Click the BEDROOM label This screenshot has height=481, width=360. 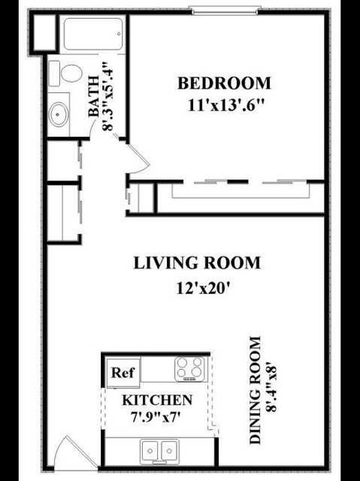click(224, 83)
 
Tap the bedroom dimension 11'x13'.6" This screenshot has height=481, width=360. click(225, 105)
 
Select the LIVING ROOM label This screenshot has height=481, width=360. click(197, 263)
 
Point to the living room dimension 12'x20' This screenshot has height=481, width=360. click(203, 289)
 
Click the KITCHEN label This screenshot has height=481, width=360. click(157, 400)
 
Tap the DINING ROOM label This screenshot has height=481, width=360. click(255, 390)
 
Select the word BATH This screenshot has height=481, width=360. click(93, 95)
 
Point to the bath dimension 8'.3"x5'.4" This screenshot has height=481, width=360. click(108, 97)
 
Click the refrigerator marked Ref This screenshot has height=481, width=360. click(123, 373)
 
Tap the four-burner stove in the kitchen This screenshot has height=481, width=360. click(190, 368)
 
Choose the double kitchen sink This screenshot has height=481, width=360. click(159, 451)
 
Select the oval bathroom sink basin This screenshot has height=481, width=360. click(59, 114)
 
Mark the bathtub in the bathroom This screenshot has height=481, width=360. click(93, 34)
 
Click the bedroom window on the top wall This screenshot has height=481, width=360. click(225, 11)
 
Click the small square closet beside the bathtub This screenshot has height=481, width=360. click(44, 32)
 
